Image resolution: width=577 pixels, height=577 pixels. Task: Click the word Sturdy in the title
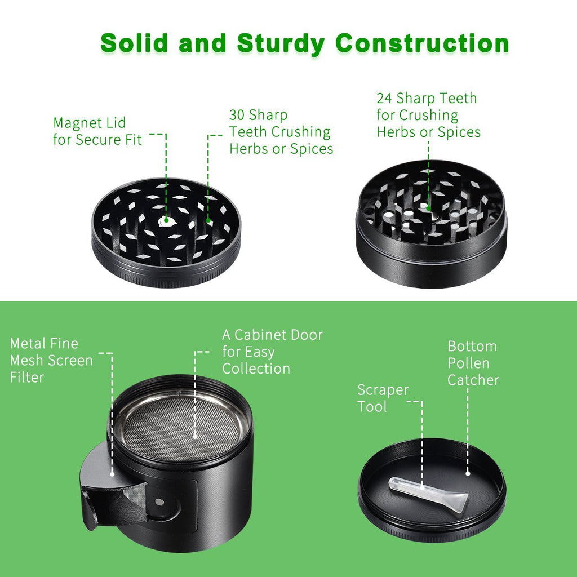pos(281,44)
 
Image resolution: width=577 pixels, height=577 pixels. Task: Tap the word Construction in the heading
pos(422,43)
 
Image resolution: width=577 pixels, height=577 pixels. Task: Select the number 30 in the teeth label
pos(237,115)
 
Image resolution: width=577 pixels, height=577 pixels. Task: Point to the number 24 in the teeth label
pos(384,98)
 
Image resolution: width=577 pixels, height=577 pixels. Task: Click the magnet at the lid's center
pos(165,221)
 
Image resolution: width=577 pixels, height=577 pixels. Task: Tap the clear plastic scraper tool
pos(429,494)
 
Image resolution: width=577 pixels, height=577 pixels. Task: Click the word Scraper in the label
pos(383,390)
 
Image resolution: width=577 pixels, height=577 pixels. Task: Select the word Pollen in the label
pos(468,363)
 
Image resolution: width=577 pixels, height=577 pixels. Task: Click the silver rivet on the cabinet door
pos(159,501)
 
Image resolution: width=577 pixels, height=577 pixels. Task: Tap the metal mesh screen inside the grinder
pos(181,428)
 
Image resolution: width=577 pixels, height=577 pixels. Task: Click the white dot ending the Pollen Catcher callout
pos(468,473)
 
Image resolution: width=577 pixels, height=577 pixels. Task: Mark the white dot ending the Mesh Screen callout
pos(112,474)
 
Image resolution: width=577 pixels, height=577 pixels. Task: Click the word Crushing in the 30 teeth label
pos(301,132)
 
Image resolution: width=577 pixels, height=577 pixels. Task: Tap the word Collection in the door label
pos(256,369)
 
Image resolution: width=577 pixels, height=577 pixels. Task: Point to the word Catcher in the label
pos(473,380)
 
